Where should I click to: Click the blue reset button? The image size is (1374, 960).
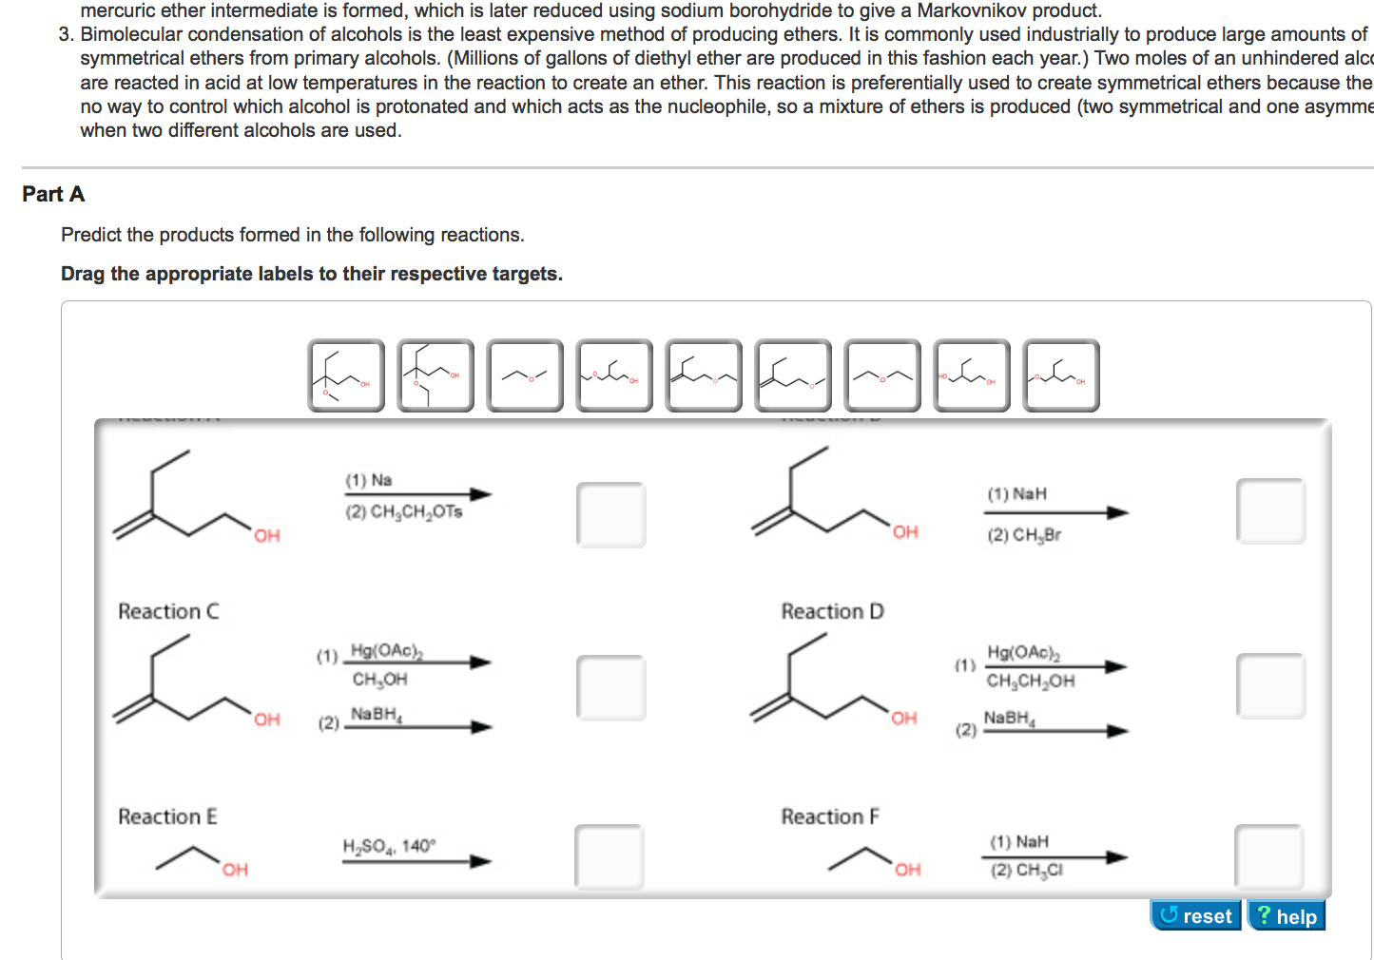point(1195,915)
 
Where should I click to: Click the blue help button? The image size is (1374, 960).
point(1286,915)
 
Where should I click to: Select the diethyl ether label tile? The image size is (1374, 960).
point(882,376)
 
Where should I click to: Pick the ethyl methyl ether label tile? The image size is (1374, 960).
point(525,376)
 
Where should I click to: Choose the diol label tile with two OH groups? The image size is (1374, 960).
point(972,376)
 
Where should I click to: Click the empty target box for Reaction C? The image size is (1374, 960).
point(610,687)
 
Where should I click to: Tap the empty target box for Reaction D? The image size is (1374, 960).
point(1270,685)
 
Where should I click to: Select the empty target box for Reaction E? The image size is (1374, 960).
point(609,856)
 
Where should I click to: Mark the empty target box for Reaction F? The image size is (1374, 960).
point(1268,856)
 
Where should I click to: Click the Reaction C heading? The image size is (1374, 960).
point(168,611)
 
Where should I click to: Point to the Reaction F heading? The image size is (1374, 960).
point(830,816)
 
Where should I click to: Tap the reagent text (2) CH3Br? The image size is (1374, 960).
point(1024,535)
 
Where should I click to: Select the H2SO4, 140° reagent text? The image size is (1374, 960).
point(389,846)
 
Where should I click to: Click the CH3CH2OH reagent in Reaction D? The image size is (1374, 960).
point(1030,681)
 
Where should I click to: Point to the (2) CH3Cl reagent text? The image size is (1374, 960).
point(1027,870)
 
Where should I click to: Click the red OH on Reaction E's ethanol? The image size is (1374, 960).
point(235,870)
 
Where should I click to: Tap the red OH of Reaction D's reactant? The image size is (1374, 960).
point(903,719)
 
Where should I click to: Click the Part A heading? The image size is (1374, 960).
point(53,194)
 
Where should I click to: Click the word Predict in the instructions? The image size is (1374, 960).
point(90,235)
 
